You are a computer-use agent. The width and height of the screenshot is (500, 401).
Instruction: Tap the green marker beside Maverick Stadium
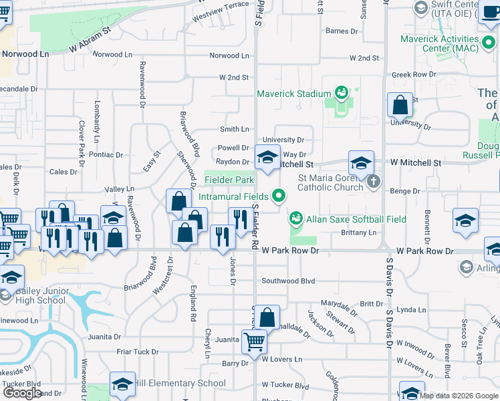341,92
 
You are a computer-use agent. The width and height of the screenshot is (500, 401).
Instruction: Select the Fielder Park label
229,180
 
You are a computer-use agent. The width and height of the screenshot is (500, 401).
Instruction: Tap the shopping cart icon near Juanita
254,342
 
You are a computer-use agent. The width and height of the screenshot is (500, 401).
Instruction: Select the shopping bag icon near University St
400,105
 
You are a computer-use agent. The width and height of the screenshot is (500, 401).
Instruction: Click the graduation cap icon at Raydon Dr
267,158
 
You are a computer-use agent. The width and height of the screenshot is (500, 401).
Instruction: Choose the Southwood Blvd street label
288,281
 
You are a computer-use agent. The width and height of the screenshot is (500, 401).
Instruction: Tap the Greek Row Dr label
414,75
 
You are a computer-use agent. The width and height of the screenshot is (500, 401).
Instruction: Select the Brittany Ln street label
358,233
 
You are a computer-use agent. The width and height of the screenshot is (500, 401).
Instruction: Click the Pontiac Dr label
106,154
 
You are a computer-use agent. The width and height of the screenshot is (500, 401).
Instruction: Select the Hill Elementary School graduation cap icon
122,384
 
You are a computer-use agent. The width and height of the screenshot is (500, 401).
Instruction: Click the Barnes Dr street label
342,31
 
